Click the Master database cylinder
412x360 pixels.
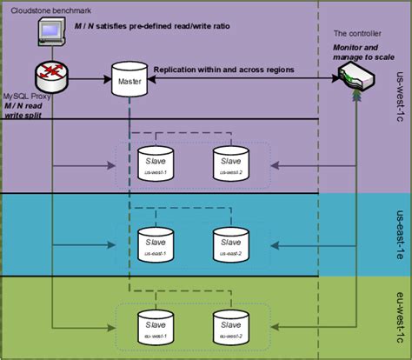click(x=129, y=80)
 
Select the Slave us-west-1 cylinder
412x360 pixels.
click(x=156, y=162)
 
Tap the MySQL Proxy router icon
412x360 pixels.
click(x=53, y=76)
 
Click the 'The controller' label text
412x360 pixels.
click(x=356, y=32)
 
